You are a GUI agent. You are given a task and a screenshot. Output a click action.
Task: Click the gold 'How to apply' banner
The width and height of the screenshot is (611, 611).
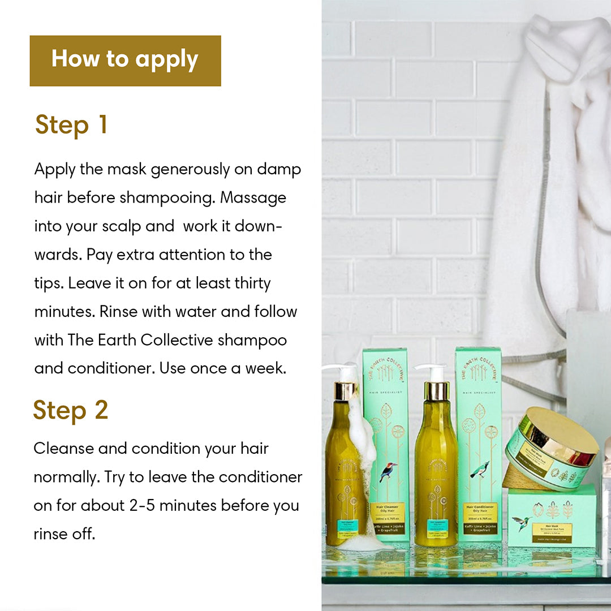click(x=125, y=61)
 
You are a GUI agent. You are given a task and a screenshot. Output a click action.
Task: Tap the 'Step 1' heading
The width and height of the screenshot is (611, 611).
click(x=71, y=125)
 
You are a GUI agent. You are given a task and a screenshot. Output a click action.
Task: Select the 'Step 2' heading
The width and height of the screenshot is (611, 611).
click(x=71, y=410)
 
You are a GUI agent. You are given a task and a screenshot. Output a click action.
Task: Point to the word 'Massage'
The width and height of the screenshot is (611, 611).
click(x=253, y=198)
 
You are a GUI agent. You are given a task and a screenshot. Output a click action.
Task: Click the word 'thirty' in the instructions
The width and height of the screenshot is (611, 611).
click(x=248, y=283)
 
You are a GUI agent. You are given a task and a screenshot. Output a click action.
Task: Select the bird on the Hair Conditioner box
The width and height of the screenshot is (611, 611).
click(x=480, y=470)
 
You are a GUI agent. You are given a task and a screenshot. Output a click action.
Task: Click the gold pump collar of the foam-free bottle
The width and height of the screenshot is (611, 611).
click(x=436, y=391)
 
